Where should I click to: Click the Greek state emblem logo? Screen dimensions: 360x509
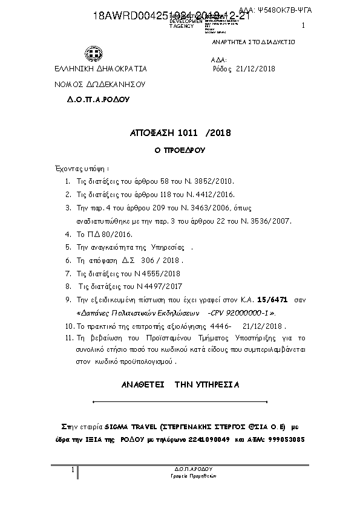94,56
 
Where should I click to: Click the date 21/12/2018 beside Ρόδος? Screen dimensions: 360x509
255,69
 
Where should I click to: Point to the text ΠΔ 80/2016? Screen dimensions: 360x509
107,234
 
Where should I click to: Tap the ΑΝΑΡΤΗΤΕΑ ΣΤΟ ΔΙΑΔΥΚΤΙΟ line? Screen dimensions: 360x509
253,44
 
